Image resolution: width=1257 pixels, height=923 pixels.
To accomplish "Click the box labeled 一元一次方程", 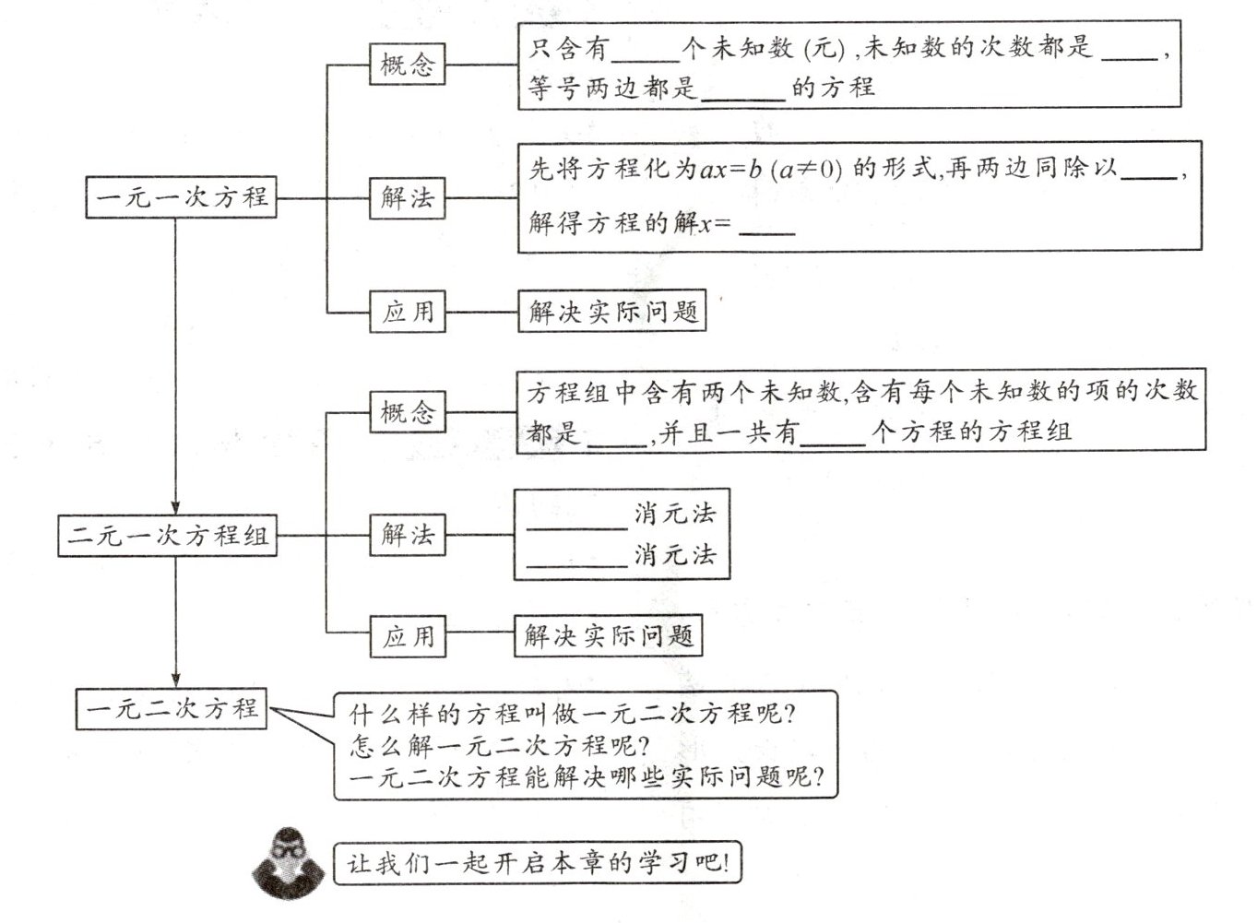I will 182,197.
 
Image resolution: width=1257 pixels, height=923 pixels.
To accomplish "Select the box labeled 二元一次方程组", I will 168,536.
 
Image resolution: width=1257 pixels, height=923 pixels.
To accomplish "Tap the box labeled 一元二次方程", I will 172,709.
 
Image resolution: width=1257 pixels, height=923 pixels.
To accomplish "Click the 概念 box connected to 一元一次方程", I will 407,65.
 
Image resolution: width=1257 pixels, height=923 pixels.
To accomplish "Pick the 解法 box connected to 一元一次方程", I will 407,197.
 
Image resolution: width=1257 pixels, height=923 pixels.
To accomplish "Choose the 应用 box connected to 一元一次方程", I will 407,312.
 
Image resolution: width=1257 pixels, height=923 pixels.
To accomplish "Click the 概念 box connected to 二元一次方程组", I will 407,411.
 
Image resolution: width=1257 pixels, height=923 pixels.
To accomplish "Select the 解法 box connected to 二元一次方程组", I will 407,535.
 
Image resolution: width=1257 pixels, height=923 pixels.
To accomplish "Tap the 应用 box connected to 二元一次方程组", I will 407,636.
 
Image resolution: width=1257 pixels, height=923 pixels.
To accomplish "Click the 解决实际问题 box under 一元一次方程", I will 611,312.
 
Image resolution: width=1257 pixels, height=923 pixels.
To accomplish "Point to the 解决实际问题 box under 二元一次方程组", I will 608,636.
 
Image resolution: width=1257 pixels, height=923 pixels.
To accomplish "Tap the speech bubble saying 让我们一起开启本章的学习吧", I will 537,864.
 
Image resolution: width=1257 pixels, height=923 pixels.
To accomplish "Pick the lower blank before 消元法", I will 576,562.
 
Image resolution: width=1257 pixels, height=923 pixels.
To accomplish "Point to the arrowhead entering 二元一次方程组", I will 175,507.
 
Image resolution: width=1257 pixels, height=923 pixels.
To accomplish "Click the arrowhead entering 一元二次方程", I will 175,680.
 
